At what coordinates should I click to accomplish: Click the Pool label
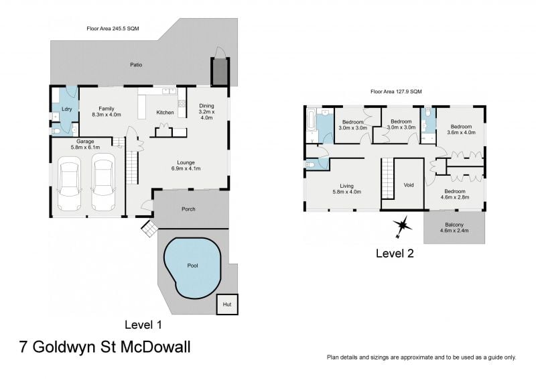tap(193, 266)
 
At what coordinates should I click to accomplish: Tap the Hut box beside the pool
tap(227, 305)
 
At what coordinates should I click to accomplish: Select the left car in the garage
tap(70, 182)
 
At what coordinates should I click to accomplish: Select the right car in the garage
tap(103, 182)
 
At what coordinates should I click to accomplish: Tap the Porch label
tap(189, 209)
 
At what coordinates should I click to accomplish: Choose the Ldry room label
tap(66, 109)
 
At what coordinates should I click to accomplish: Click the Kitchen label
tap(165, 112)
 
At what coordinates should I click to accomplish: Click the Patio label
tap(136, 65)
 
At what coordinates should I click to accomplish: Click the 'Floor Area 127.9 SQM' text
tap(397, 91)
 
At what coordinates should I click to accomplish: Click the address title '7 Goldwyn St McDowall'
tap(104, 348)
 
